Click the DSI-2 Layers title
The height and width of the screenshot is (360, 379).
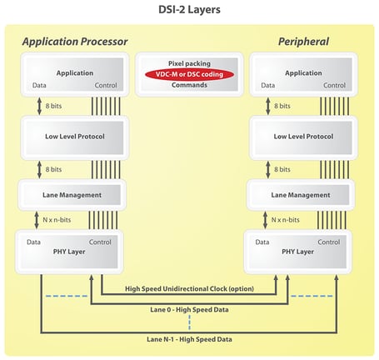click(x=189, y=10)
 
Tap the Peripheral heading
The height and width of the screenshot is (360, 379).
click(x=304, y=41)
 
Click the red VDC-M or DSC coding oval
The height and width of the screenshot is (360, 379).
click(x=189, y=74)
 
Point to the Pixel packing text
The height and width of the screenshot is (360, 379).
click(x=189, y=62)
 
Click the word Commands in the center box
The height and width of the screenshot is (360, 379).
click(x=189, y=85)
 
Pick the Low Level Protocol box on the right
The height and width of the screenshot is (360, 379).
click(x=301, y=136)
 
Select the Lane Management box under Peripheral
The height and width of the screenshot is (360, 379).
click(x=301, y=194)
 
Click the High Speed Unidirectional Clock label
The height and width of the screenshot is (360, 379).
click(x=189, y=289)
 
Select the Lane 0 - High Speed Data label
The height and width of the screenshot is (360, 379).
click(x=189, y=309)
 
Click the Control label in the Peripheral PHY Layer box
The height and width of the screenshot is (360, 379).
click(x=329, y=242)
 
